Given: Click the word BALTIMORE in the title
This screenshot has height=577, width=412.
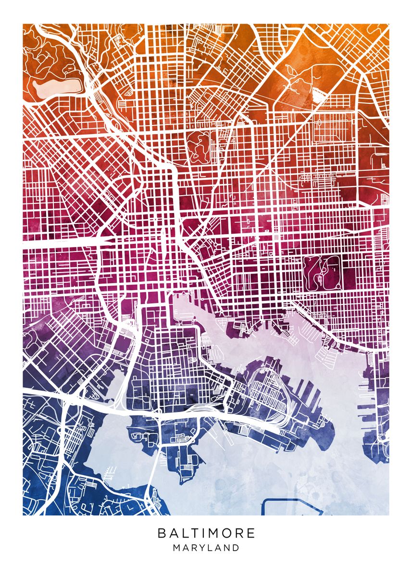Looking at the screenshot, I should (x=206, y=533).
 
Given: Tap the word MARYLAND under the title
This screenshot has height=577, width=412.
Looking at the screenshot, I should (x=206, y=548).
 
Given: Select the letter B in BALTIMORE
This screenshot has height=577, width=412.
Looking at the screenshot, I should (x=161, y=533).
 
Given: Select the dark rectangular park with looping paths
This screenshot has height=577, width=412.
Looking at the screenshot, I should (x=323, y=273).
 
